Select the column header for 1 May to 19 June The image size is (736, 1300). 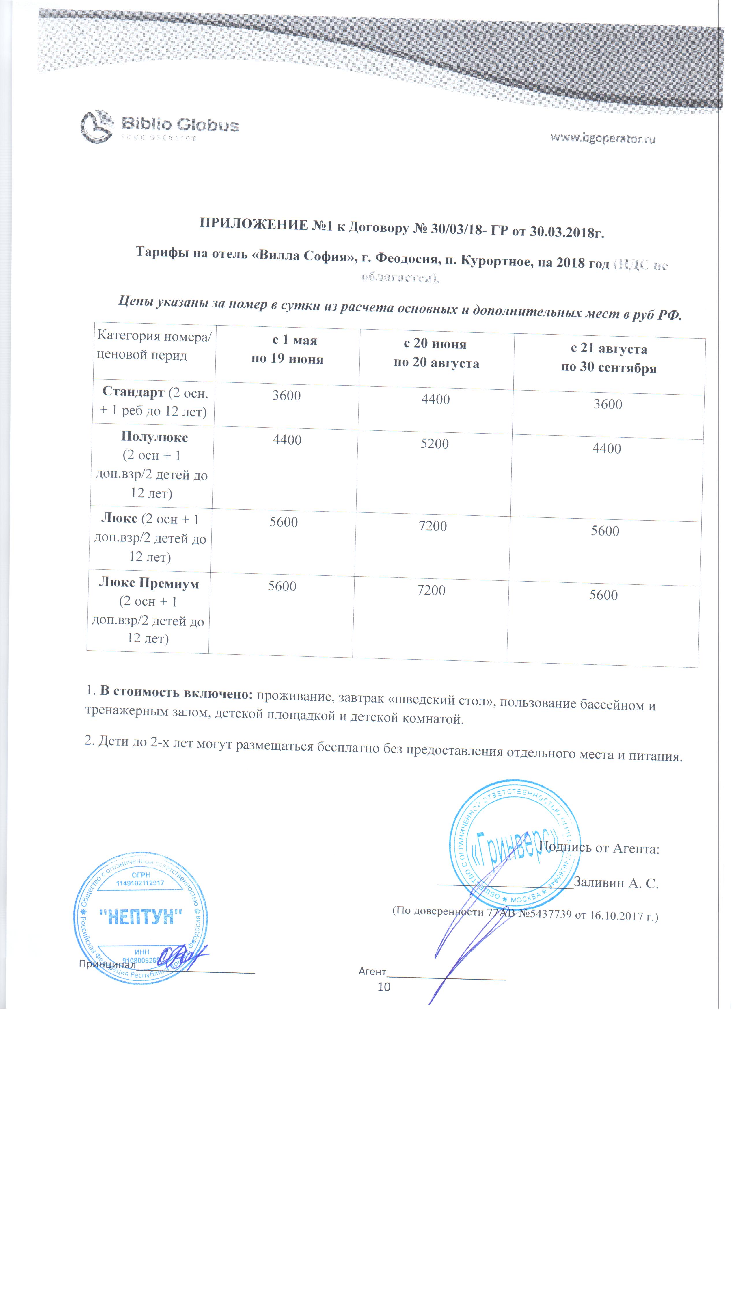287,349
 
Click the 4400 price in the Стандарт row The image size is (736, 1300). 435,400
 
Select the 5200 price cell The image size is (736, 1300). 434,443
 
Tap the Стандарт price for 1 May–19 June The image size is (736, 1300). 287,395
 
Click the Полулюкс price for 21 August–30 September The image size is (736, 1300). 607,449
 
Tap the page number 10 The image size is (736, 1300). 384,987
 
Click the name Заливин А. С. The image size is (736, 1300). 616,883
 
